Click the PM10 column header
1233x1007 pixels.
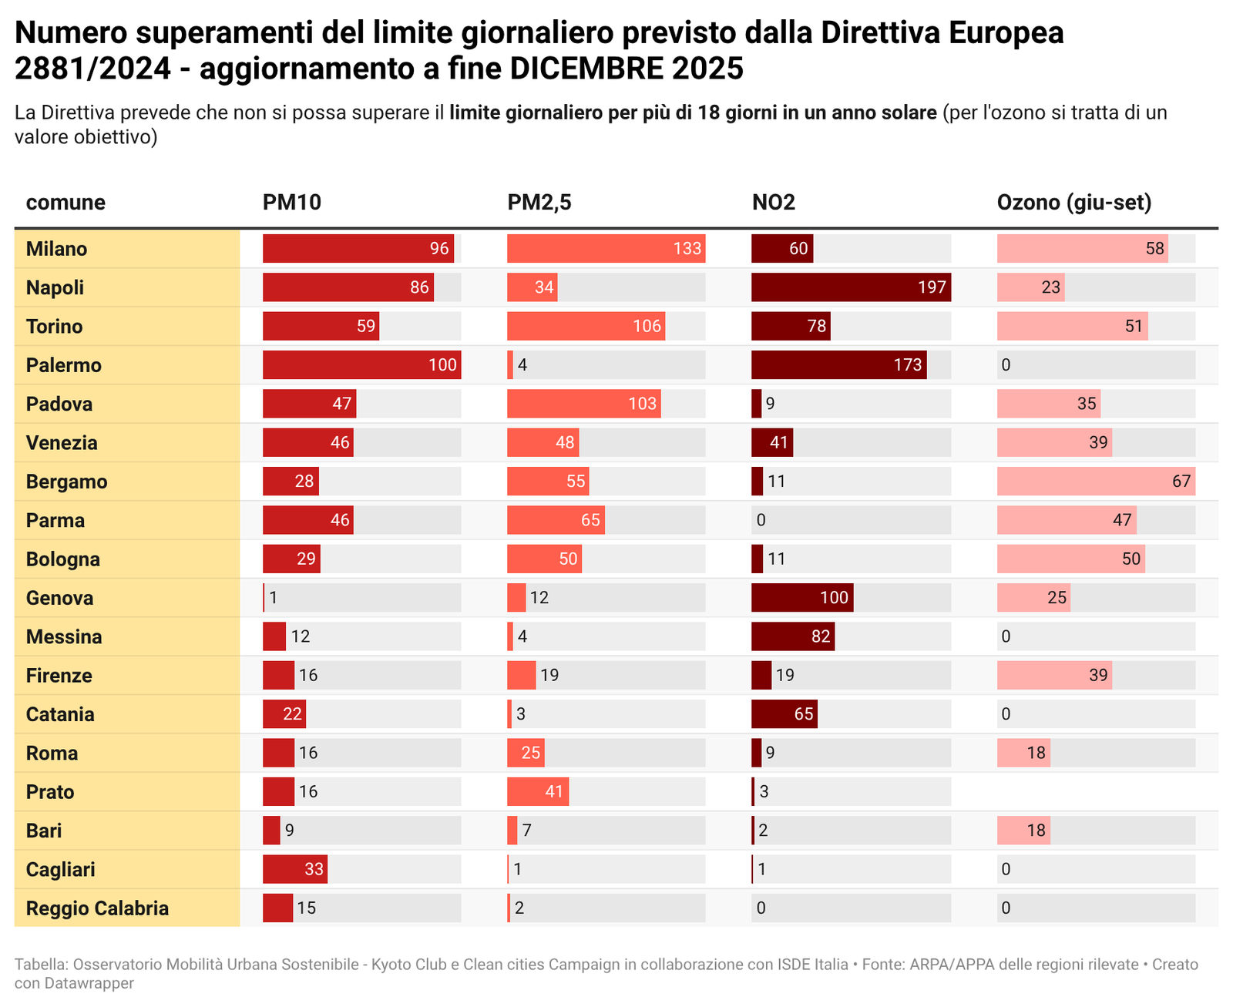pos(291,203)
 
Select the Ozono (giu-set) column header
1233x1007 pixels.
pos(1073,203)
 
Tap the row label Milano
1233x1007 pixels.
pos(56,249)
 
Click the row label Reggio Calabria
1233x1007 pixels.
pos(97,908)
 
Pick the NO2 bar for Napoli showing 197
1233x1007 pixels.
pos(851,287)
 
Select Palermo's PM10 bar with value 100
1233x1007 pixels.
pos(361,365)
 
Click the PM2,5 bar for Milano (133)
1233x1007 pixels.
pos(606,249)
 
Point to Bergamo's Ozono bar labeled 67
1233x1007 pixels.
pos(1096,482)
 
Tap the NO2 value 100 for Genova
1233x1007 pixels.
pos(834,598)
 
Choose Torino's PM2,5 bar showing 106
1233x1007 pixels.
pos(586,327)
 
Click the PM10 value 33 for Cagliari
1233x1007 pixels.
pos(314,870)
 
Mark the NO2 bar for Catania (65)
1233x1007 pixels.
pos(784,714)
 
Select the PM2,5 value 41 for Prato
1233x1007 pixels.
pos(554,792)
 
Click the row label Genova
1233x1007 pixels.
pos(59,598)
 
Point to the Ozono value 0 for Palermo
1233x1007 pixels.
pos(1006,365)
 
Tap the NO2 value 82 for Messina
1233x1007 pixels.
pos(821,637)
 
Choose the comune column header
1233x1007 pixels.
pos(66,203)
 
